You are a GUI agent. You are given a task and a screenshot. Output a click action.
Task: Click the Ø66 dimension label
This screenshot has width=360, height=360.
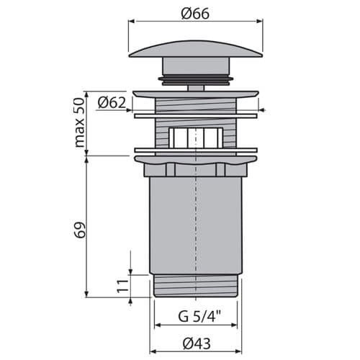pos(195,14)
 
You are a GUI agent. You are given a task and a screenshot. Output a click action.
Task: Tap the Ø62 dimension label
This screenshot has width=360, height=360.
pos(112,103)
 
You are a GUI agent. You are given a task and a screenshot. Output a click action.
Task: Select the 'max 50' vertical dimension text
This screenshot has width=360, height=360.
pos(80,122)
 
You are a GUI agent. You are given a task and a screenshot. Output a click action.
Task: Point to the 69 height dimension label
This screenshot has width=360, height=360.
pos(79,230)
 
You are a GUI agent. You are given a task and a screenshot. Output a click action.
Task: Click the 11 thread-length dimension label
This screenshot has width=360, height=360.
pos(122,286)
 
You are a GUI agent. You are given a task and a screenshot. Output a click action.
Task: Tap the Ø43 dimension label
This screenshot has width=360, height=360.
pos(197,343)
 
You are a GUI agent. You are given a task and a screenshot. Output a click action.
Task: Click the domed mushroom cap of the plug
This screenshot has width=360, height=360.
pos(196,49)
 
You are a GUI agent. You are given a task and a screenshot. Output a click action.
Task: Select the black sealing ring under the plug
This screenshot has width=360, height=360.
pos(196,80)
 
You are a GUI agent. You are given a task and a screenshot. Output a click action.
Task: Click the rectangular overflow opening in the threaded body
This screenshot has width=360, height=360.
pos(196,138)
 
